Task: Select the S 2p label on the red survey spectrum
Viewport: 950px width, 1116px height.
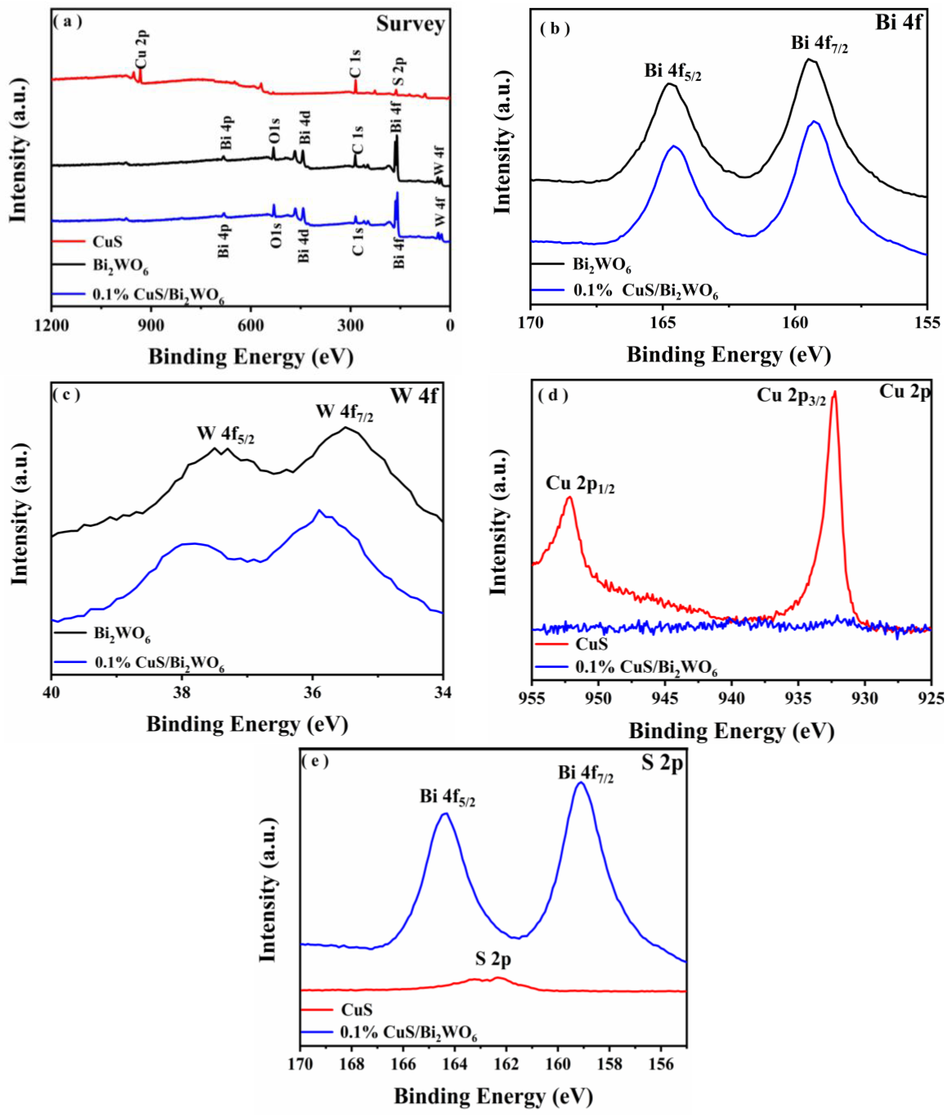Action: pos(399,72)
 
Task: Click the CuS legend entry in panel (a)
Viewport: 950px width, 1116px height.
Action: pos(107,242)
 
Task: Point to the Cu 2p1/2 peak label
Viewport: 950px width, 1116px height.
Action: pos(580,484)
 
